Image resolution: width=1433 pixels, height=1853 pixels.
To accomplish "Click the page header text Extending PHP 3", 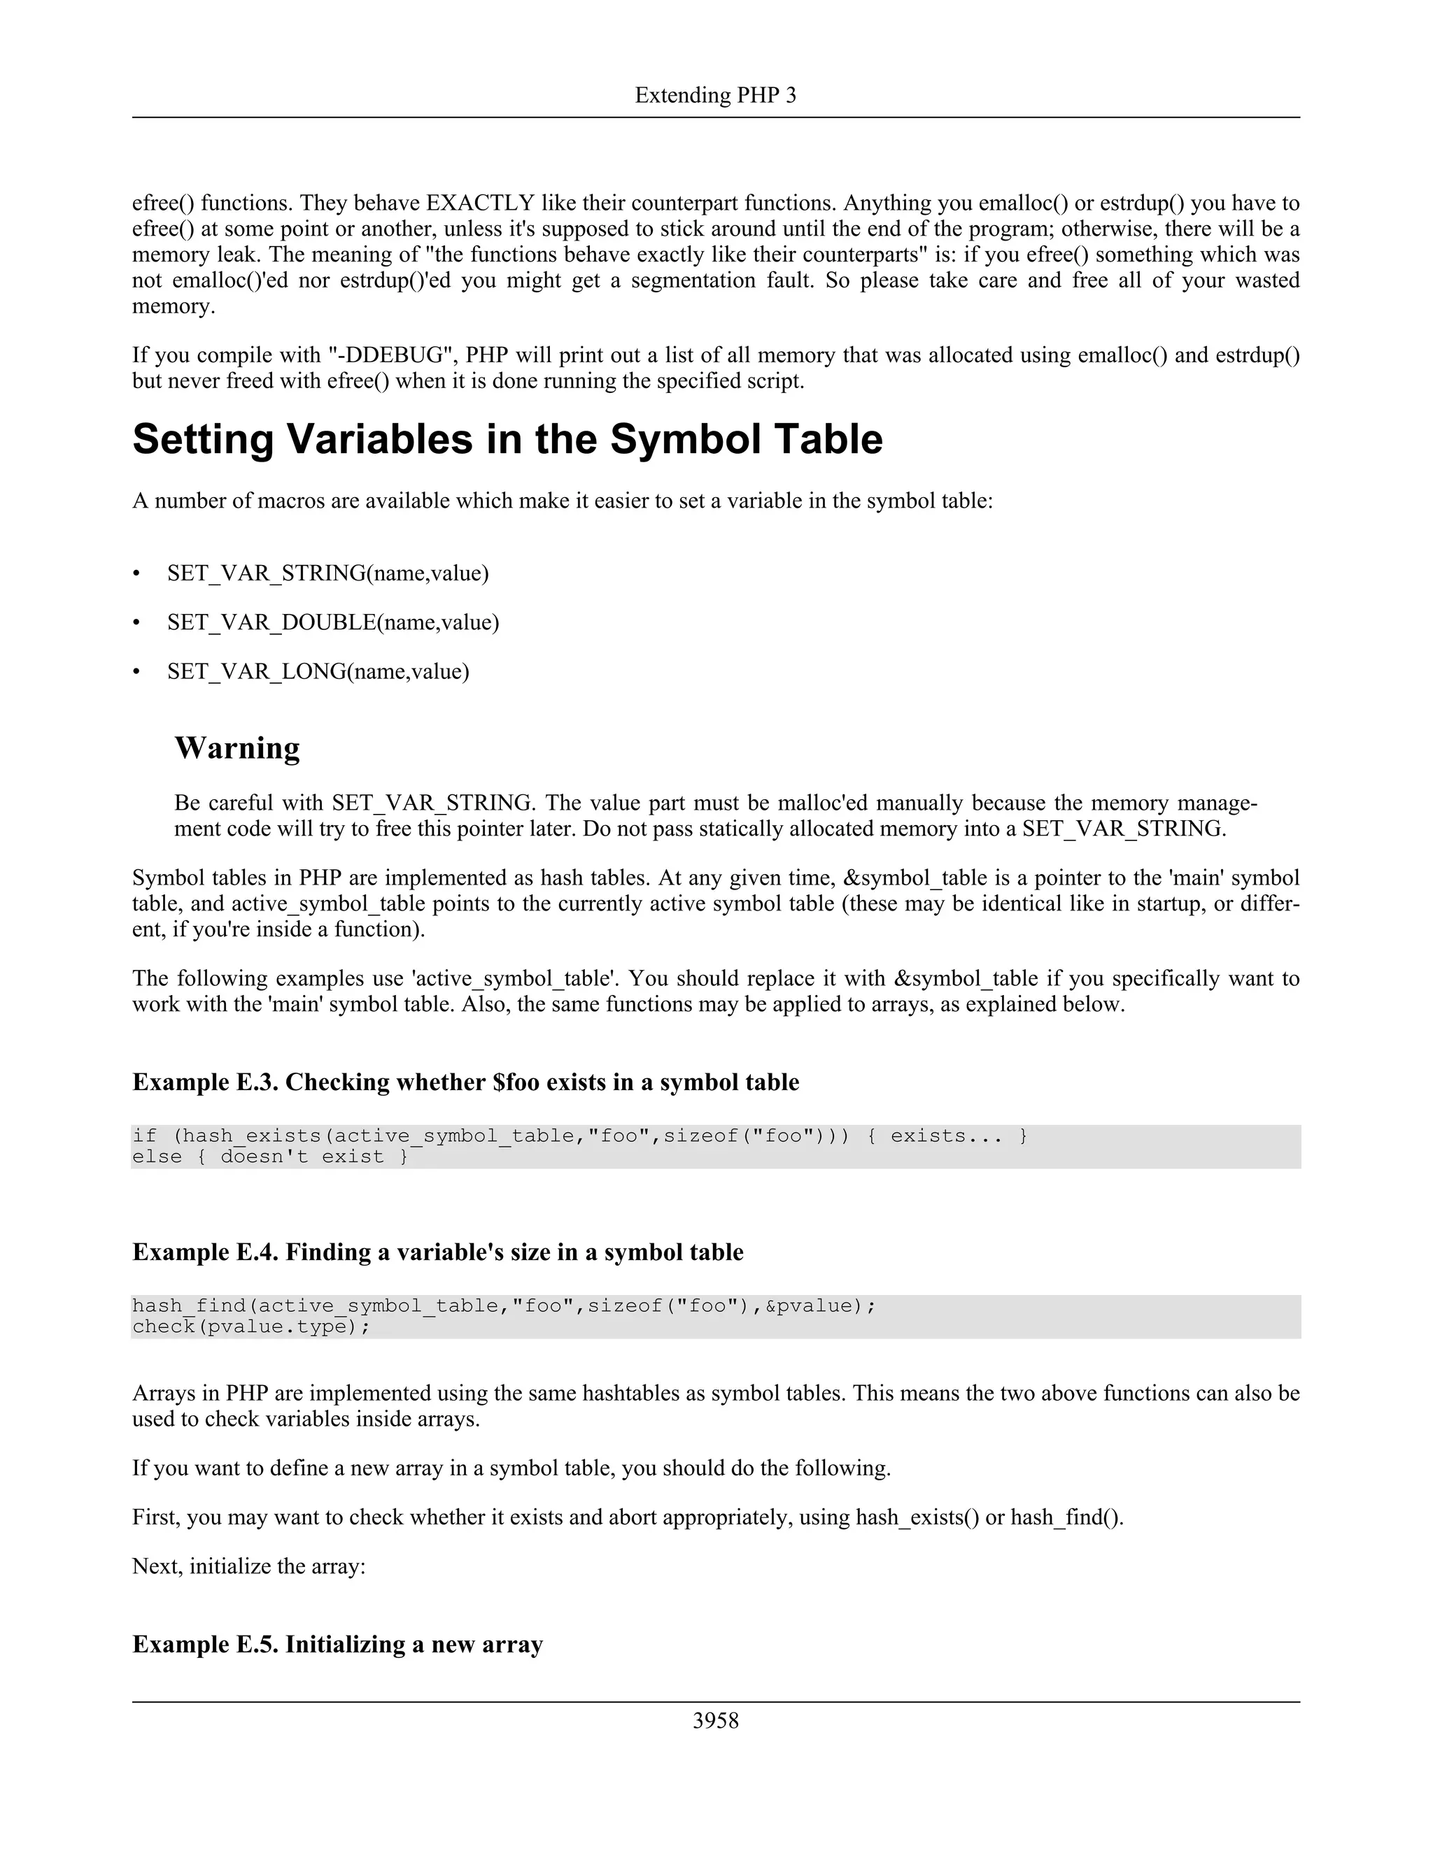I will pyautogui.click(x=715, y=95).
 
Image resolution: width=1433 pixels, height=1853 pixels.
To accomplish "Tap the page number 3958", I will pyautogui.click(x=715, y=1720).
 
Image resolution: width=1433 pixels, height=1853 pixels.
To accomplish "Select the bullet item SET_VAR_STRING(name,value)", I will pyautogui.click(x=327, y=573).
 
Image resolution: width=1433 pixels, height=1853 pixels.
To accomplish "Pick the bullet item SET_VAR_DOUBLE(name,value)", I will pyautogui.click(x=333, y=623).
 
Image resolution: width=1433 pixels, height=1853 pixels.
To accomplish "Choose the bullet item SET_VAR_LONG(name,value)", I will pyautogui.click(x=318, y=672).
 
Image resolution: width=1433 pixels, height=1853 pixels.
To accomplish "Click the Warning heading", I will pyautogui.click(x=237, y=747).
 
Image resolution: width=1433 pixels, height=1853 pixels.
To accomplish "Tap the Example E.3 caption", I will pyautogui.click(x=465, y=1082).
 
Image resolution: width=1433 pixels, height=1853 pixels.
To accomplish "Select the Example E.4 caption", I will pyautogui.click(x=437, y=1252).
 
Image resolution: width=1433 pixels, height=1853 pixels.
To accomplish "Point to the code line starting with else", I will pyautogui.click(x=270, y=1157).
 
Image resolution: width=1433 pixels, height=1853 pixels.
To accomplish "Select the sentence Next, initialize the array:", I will pyautogui.click(x=248, y=1566).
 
